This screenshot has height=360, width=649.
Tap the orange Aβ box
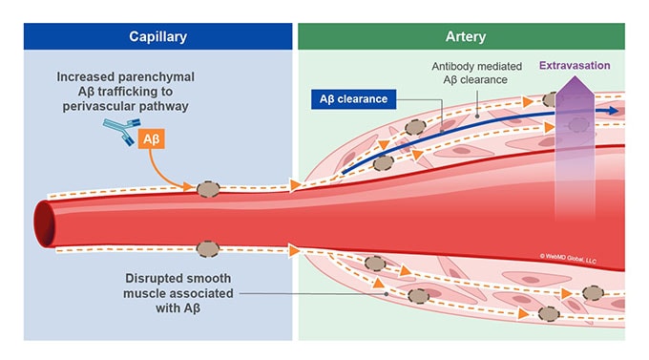coord(152,140)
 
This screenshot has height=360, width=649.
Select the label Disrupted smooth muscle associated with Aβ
coord(144,293)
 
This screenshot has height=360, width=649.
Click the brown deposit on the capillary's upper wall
coord(209,188)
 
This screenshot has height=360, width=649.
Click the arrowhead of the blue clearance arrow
coord(612,111)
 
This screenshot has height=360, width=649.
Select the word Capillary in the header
coord(157,36)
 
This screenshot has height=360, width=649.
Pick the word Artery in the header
coord(461,36)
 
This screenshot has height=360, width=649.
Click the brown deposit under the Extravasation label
coord(551,99)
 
